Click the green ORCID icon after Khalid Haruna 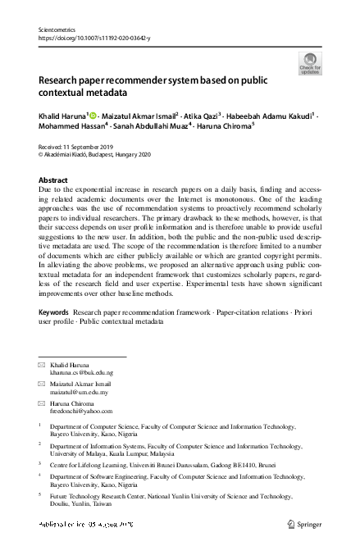(93, 116)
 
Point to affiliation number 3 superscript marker (40, 464)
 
